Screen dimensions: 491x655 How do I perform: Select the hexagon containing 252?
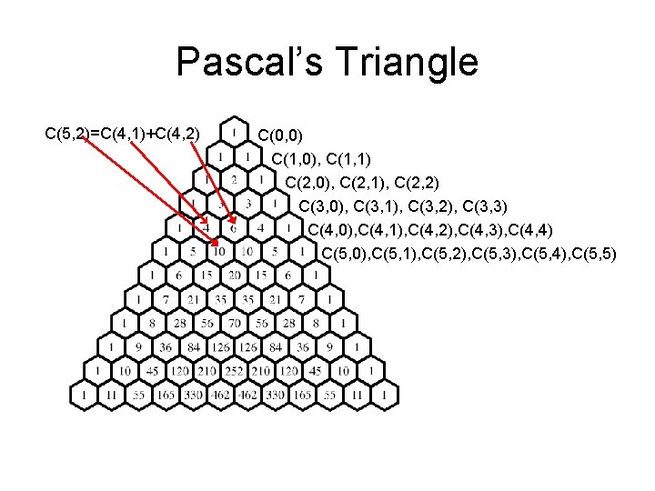pos(234,371)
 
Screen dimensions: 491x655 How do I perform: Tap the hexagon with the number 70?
pos(234,323)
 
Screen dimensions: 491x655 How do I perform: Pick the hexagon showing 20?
pos(234,275)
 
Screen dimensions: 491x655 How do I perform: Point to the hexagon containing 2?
pos(234,179)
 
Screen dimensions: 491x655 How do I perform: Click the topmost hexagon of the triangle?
pos(234,132)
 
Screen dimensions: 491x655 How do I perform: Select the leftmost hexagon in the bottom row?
pos(84,395)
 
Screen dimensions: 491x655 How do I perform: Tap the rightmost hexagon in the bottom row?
pos(385,395)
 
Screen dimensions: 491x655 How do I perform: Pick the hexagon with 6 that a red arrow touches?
pos(234,226)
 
